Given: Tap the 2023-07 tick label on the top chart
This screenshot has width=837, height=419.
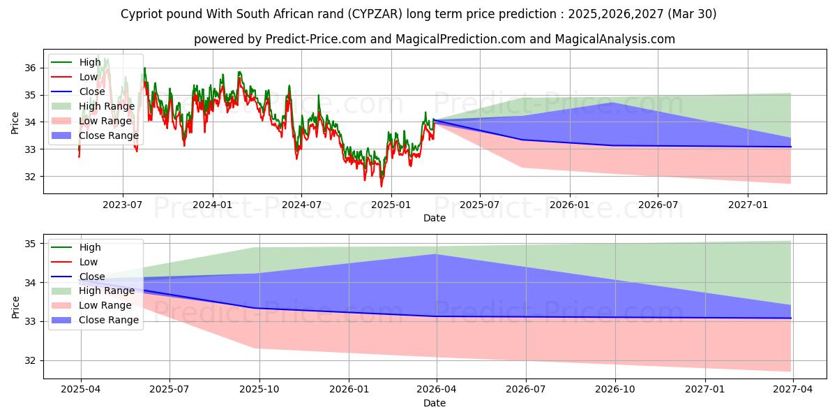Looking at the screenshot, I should pyautogui.click(x=123, y=204).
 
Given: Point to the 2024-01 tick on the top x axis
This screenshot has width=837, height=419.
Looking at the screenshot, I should pyautogui.click(x=212, y=204).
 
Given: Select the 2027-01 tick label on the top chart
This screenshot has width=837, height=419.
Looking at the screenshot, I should pyautogui.click(x=748, y=204).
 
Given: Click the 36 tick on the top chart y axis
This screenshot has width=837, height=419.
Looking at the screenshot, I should pyautogui.click(x=29, y=68).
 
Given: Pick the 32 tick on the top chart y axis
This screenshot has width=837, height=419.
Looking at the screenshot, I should pyautogui.click(x=29, y=177).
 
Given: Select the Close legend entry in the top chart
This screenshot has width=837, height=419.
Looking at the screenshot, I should pyautogui.click(x=92, y=91).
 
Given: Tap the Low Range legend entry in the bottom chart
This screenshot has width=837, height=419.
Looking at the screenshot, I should pyautogui.click(x=105, y=305).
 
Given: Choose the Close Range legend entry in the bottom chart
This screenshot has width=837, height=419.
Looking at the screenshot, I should pyautogui.click(x=108, y=320).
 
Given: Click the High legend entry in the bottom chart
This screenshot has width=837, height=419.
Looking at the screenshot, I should pyautogui.click(x=90, y=247).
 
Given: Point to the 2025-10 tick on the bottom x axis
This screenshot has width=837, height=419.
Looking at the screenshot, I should pyautogui.click(x=259, y=389).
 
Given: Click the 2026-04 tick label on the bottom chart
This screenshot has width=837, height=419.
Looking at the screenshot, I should pyautogui.click(x=437, y=389).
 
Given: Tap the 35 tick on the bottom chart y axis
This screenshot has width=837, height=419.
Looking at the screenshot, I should pyautogui.click(x=29, y=244).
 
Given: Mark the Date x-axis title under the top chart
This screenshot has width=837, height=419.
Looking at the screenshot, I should pyautogui.click(x=434, y=218).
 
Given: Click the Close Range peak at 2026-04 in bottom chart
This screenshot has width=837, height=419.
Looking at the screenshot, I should pyautogui.click(x=437, y=254).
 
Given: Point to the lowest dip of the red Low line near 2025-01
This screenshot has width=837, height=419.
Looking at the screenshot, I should pyautogui.click(x=381, y=186).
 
